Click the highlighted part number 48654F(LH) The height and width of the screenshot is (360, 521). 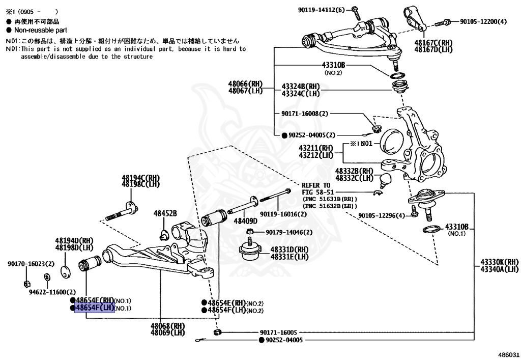(95, 308)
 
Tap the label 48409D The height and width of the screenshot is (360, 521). (246, 221)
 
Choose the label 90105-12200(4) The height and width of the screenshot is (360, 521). (483, 21)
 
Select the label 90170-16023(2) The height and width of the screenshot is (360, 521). (31, 264)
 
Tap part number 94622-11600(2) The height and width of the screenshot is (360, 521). (48, 292)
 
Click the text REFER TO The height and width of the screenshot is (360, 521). (316, 185)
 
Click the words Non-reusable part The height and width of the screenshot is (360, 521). (41, 30)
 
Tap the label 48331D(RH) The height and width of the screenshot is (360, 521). (289, 250)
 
